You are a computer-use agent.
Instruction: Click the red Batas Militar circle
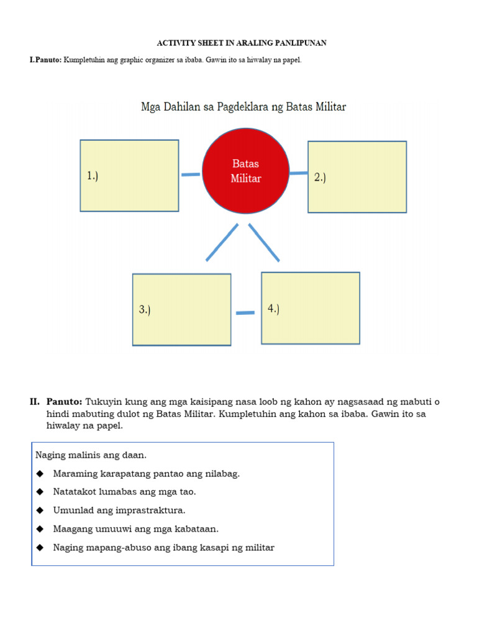pos(246,171)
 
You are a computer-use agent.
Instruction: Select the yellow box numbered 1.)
pos(129,176)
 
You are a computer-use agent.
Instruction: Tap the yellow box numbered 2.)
pos(357,177)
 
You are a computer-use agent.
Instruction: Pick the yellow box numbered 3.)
pos(181,309)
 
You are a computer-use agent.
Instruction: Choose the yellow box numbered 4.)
pos(311,308)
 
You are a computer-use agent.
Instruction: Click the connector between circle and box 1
pos(191,175)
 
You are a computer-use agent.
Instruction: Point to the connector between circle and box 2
pos(299,173)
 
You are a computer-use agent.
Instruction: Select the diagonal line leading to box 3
pos(222,242)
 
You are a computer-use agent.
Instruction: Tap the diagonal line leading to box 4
pos(264,242)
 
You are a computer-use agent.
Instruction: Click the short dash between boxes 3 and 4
pos(245,313)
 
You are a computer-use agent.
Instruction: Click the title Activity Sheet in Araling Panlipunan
pos(240,43)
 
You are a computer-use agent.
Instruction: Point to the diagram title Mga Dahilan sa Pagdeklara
pos(243,107)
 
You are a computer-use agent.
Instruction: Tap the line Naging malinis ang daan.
pos(91,455)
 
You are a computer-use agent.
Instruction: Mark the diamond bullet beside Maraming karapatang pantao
pos(40,474)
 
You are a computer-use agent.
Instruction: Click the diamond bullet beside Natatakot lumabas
pos(40,492)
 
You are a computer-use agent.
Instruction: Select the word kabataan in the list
pos(196,529)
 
